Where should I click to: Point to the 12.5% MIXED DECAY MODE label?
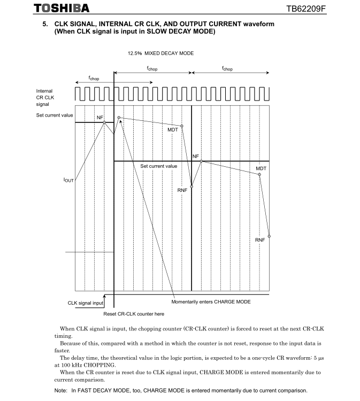click(160, 53)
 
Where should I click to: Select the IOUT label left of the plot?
click(68, 180)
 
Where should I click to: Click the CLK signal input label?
click(85, 303)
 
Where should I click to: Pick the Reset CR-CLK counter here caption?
click(134, 314)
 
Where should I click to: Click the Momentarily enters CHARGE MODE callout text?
click(211, 302)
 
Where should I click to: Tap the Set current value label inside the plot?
click(158, 166)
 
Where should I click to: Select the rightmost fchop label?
click(227, 69)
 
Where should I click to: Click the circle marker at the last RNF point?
click(269, 236)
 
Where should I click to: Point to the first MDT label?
click(173, 129)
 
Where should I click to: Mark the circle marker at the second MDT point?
click(259, 174)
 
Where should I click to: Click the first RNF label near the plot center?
click(182, 190)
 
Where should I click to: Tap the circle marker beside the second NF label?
click(201, 160)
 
